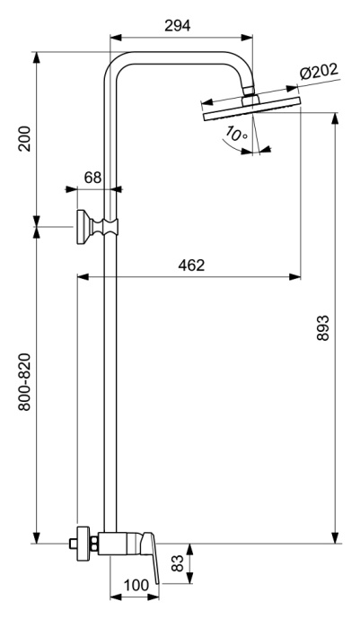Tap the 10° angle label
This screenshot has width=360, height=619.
tap(236, 135)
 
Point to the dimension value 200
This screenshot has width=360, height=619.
tap(25, 139)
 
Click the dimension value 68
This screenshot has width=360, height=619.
tap(93, 177)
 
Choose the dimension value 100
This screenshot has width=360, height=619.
tap(135, 585)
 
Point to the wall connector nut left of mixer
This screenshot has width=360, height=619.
tap(83, 544)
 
